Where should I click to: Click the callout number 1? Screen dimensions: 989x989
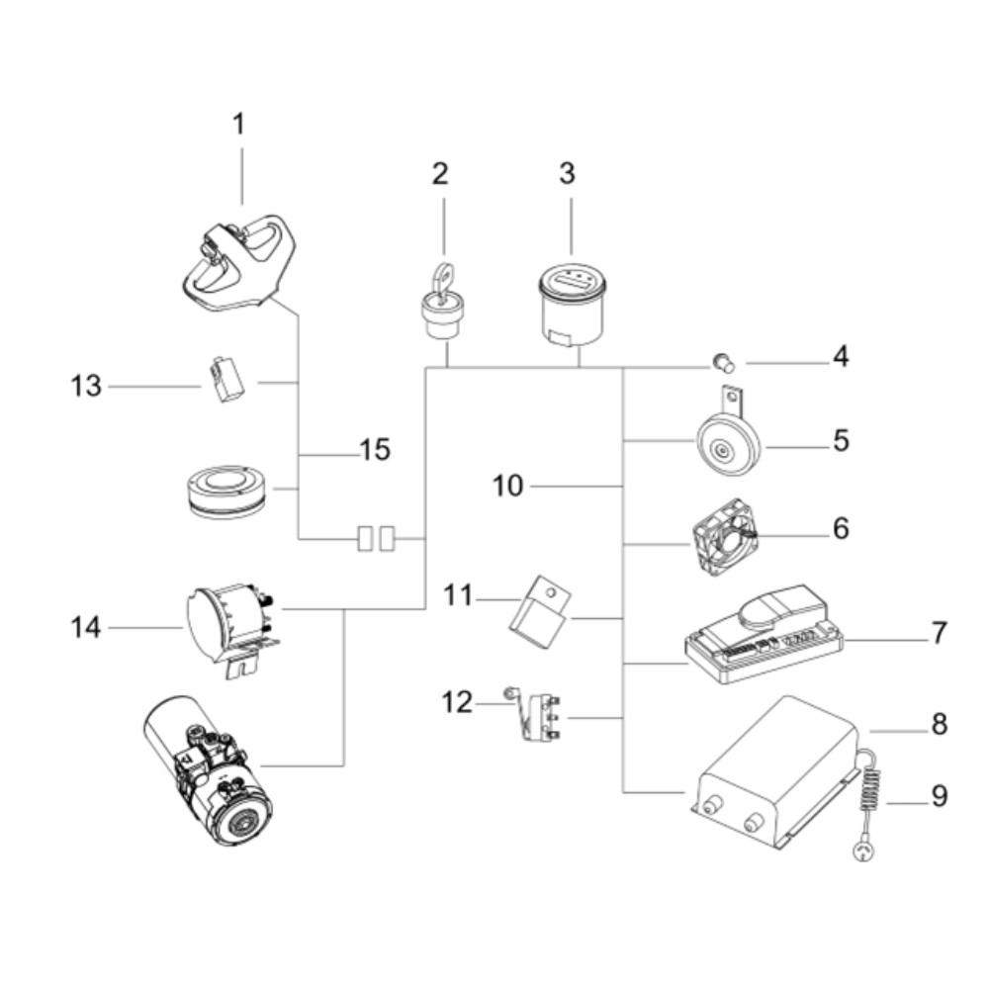coord(238,125)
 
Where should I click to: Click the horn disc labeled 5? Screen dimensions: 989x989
coord(725,449)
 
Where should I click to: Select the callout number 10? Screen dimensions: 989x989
coord(510,487)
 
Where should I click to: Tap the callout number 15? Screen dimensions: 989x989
coord(375,450)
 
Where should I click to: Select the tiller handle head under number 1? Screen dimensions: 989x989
coord(233,263)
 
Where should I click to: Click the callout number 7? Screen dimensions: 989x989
coord(938,633)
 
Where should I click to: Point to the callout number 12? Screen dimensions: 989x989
coord(458,704)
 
